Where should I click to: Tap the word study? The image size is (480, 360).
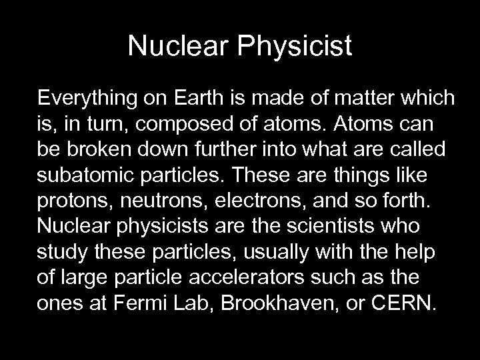point(59,251)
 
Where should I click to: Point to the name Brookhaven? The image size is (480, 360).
point(273,301)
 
